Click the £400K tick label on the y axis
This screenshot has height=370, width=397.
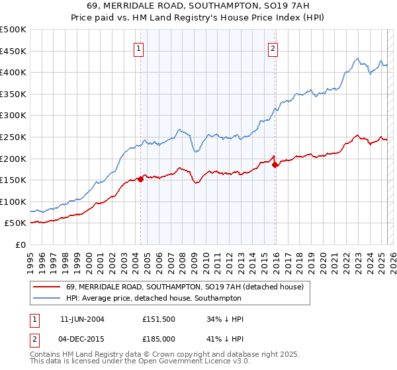click(x=13, y=72)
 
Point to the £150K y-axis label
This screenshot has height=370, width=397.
click(x=13, y=180)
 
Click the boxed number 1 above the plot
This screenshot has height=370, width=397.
click(x=139, y=48)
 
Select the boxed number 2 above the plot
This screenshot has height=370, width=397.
click(x=273, y=48)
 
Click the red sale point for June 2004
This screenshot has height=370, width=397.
click(x=140, y=179)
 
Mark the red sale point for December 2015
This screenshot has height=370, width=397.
click(x=275, y=165)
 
